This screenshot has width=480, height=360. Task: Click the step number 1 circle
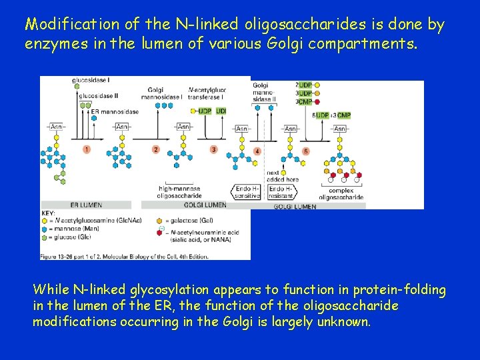pos(87,149)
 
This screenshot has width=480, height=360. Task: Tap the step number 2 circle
pos(155,149)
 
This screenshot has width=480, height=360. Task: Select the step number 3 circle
pos(213,149)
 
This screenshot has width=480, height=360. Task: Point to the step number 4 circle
pos(257,151)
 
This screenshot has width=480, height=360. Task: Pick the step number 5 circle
pos(306,151)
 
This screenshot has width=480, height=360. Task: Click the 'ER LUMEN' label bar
pos(86,205)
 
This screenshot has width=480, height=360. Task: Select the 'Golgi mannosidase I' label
pos(164,93)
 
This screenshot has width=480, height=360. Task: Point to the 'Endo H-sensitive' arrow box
pos(247,193)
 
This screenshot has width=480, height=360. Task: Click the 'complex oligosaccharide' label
pos(341,193)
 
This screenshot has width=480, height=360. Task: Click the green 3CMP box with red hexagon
pos(304,102)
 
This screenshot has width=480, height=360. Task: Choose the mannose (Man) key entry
pos(71,228)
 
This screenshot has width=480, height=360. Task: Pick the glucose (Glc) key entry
pos(69,236)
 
